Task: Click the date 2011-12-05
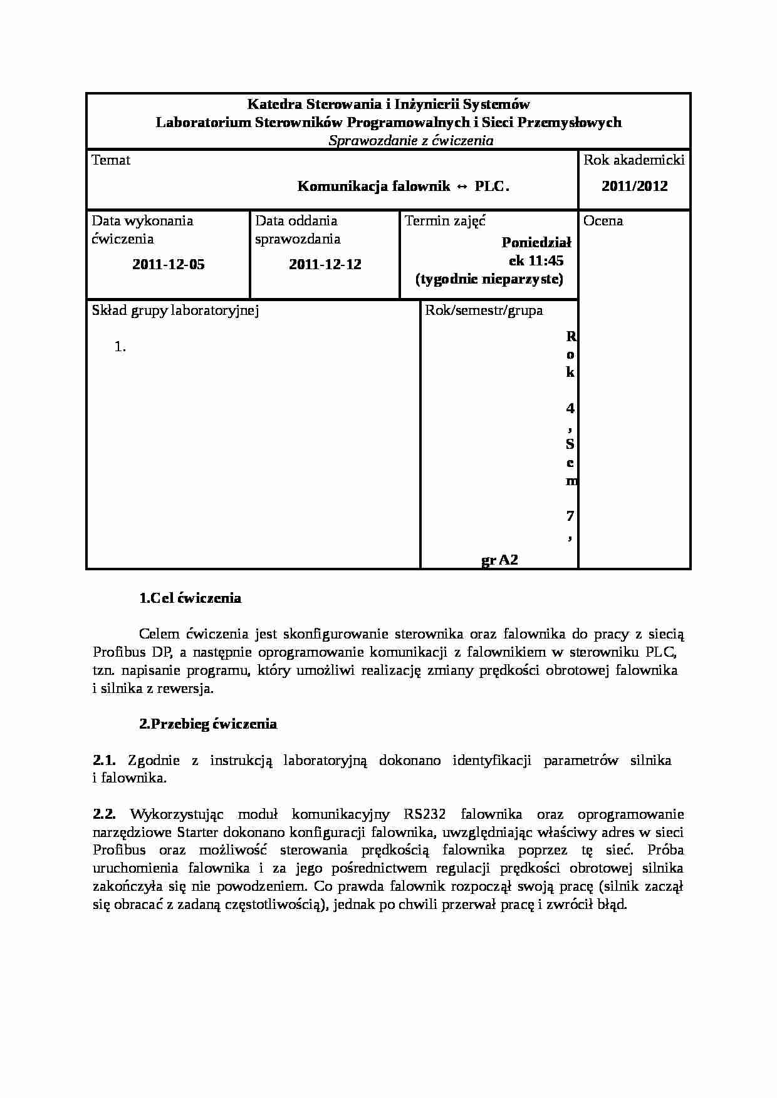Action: click(168, 264)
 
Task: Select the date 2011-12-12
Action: click(325, 264)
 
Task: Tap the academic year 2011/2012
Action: click(634, 186)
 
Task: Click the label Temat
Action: click(111, 160)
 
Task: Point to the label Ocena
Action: click(603, 221)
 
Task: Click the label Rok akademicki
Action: click(634, 160)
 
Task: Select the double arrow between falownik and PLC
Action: click(462, 187)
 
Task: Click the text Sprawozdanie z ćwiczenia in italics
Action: click(410, 141)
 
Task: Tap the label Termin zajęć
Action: click(445, 221)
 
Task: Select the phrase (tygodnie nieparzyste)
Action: click(489, 279)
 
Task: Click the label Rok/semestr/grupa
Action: click(484, 310)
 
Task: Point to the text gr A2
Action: click(499, 560)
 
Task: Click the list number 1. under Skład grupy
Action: click(120, 347)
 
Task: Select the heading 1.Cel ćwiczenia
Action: click(190, 598)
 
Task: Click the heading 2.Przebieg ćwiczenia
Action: click(207, 724)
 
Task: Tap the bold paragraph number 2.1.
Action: click(104, 761)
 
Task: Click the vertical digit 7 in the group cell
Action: click(570, 516)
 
